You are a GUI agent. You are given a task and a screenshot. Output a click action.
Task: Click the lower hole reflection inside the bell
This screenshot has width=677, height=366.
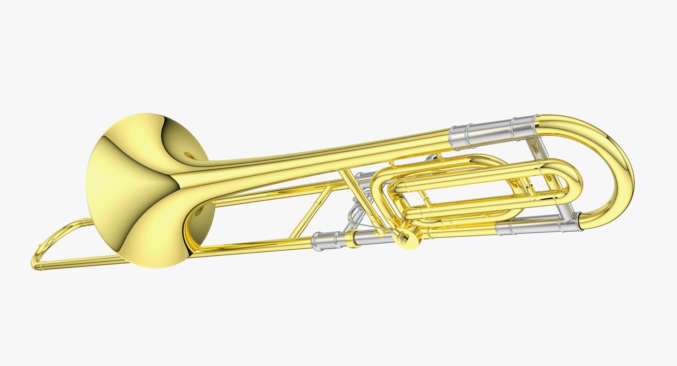click(x=200, y=212)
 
